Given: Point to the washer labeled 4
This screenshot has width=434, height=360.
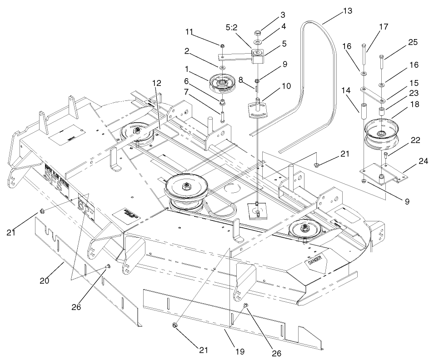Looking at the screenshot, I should [257, 42].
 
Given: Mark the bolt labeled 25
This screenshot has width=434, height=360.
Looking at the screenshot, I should [381, 64].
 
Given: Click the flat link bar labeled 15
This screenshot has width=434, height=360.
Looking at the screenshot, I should [372, 94].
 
